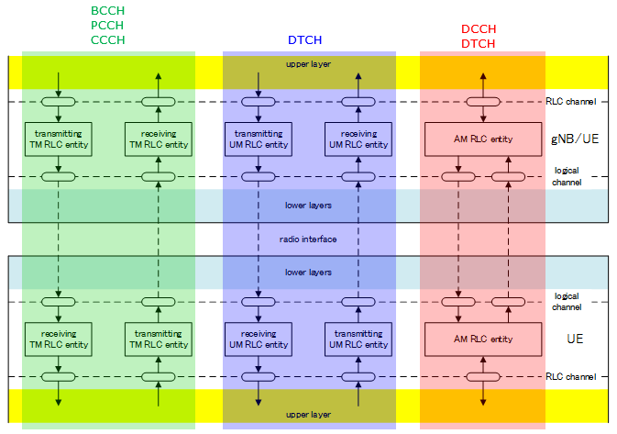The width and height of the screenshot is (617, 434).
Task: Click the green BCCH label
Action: pos(107,10)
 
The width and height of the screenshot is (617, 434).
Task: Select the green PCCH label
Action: pos(107,25)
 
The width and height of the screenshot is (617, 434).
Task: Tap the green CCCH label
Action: pos(107,39)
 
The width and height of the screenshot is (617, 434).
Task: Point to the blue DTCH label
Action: pos(304,40)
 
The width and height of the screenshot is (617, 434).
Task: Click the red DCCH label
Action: pos(478,28)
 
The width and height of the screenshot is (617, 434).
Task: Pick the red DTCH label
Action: pos(478,43)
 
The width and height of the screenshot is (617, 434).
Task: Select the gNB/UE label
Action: pos(574,139)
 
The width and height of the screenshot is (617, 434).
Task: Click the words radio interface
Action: pos(308,239)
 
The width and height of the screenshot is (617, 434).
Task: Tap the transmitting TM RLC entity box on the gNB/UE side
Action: pos(59,139)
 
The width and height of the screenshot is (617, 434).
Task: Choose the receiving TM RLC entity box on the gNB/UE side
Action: pos(159,139)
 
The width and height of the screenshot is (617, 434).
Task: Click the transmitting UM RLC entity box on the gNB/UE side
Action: pos(259,139)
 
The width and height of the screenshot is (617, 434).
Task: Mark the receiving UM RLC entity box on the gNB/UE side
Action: pos(358,139)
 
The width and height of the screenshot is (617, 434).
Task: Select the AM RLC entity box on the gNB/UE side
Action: pos(482,139)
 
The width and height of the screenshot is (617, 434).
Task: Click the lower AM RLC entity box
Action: pos(482,339)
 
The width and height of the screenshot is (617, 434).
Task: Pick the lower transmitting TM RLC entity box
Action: pos(159,339)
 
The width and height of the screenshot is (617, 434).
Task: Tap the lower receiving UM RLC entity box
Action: pos(259,339)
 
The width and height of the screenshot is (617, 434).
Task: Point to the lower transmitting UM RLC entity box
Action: pos(358,339)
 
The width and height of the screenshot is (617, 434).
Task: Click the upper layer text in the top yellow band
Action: pos(308,64)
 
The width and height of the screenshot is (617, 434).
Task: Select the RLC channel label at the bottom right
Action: pos(571,376)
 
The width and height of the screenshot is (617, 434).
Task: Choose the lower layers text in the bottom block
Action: pos(308,273)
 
